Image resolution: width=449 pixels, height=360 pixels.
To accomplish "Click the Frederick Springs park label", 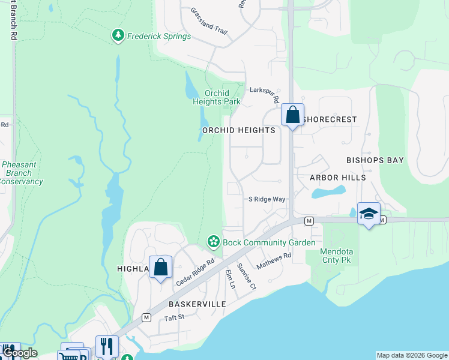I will [x=158, y=36].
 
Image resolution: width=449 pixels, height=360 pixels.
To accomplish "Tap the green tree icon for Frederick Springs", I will [x=118, y=36].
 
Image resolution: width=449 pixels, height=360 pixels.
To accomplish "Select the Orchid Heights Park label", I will [x=217, y=97].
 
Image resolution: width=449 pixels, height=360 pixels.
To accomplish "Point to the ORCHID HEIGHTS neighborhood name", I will [x=239, y=130].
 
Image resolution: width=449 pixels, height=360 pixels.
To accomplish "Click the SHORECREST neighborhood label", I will [x=330, y=119].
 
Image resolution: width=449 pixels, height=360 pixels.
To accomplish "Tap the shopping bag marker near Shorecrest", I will [x=292, y=114].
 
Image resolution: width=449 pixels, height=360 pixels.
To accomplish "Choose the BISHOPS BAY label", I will [x=375, y=160].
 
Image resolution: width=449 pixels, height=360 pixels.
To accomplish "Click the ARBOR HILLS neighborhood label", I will [x=337, y=178].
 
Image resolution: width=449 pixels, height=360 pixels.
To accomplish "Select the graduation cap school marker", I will [x=369, y=214].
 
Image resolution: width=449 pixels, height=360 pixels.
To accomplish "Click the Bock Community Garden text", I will [x=269, y=242].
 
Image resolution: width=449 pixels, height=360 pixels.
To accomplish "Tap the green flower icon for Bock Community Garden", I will [x=212, y=242].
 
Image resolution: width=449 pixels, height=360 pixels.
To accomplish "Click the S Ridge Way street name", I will [x=267, y=199].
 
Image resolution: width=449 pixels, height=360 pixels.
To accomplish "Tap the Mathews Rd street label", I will [x=273, y=260].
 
